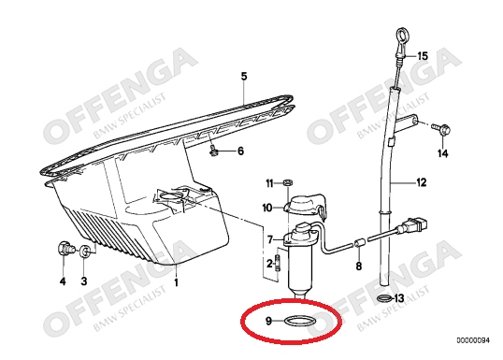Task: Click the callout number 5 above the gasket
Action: tap(244, 77)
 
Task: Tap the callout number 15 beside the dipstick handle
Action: tap(423, 56)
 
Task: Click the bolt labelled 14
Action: tap(441, 129)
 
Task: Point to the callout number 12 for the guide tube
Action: tap(422, 182)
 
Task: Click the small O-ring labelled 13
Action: tap(384, 298)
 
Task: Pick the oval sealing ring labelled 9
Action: tap(300, 321)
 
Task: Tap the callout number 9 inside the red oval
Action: tap(269, 321)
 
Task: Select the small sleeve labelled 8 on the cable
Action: tap(359, 243)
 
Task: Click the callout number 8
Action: tap(359, 266)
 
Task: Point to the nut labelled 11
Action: tap(288, 183)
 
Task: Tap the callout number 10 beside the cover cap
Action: tap(267, 208)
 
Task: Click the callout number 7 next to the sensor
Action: tap(270, 239)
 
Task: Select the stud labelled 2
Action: tap(278, 263)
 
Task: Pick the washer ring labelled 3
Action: tap(85, 251)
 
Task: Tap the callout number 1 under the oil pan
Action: tap(176, 282)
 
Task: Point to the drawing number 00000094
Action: tap(473, 340)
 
